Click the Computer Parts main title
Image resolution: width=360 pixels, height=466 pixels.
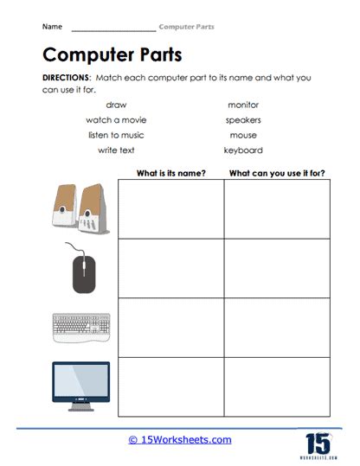click(112, 54)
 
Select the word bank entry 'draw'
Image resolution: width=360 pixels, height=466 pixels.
click(115, 104)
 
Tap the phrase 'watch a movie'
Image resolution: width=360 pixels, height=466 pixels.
click(115, 119)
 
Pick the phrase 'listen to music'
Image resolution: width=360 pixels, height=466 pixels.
click(115, 135)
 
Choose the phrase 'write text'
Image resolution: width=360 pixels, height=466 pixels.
click(115, 150)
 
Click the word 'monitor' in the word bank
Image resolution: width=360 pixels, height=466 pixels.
click(242, 104)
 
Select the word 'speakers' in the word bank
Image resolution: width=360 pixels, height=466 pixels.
click(242, 119)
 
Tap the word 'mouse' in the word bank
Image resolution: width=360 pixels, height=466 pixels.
click(242, 135)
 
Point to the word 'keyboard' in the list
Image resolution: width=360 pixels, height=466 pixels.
click(242, 150)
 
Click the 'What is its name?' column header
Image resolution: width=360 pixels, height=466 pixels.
click(171, 173)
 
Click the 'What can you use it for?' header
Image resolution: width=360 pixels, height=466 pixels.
click(277, 173)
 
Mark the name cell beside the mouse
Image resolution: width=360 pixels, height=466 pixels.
click(171, 268)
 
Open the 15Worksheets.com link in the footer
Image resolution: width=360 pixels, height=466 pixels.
click(180, 440)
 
